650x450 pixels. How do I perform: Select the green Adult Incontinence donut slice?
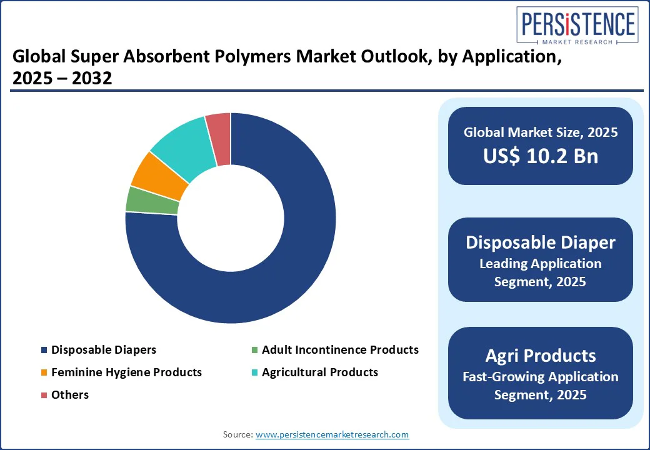(152, 199)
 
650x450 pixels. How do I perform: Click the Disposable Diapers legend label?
(104, 350)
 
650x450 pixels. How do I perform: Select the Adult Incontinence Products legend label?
(340, 350)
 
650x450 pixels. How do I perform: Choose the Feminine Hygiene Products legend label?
(126, 372)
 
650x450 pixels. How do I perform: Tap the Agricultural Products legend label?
(320, 372)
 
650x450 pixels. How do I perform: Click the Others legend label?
(70, 395)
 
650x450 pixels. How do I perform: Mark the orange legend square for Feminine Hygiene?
(44, 373)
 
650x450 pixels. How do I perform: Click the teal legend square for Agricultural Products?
(254, 373)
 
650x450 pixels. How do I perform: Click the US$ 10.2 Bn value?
(540, 156)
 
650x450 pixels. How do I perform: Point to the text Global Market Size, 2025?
(540, 132)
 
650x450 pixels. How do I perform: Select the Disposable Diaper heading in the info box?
(540, 242)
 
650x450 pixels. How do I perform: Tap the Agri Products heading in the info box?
(540, 356)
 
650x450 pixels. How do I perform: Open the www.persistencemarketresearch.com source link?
(332, 434)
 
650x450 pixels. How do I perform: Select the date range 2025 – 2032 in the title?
(62, 79)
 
